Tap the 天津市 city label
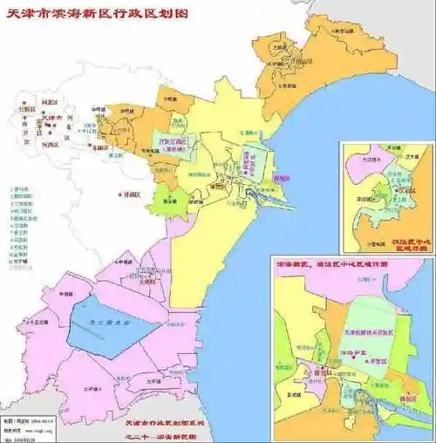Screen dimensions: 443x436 point(54,119)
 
